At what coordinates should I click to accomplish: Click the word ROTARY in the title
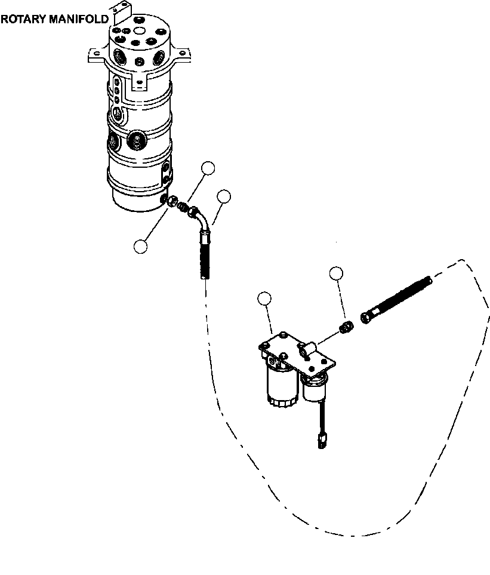coord(24,19)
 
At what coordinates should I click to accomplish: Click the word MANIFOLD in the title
coord(79,19)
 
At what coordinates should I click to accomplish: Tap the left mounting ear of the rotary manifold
coord(97,55)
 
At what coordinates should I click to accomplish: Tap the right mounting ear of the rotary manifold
coord(182,54)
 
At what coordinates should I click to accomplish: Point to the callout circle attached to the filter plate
coord(264,299)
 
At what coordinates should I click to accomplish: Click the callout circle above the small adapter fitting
coord(336,273)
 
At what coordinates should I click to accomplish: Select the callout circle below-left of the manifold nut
coord(141,247)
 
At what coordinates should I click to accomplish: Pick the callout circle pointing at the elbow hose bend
coord(224,197)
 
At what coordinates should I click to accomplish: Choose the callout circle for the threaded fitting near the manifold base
coord(208,168)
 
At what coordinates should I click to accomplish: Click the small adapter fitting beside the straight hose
coord(346,327)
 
